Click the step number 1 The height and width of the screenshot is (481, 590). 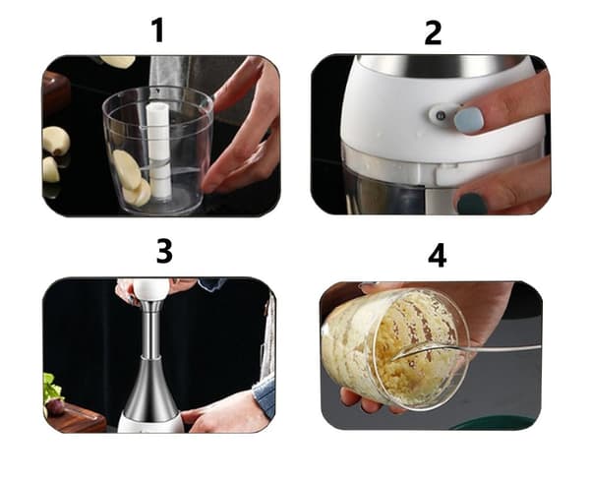158,30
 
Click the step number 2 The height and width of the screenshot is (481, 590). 433,33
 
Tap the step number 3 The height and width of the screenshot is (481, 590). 164,252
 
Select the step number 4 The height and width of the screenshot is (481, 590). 438,256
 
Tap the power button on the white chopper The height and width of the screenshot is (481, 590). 440,115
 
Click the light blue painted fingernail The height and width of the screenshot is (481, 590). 468,120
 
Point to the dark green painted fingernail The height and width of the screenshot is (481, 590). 472,204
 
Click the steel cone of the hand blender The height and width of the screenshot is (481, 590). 151,392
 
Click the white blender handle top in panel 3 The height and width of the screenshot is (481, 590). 151,290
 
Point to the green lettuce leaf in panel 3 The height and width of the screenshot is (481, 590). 51,388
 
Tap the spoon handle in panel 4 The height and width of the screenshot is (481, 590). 501,349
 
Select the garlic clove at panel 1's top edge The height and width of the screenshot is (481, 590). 118,61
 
